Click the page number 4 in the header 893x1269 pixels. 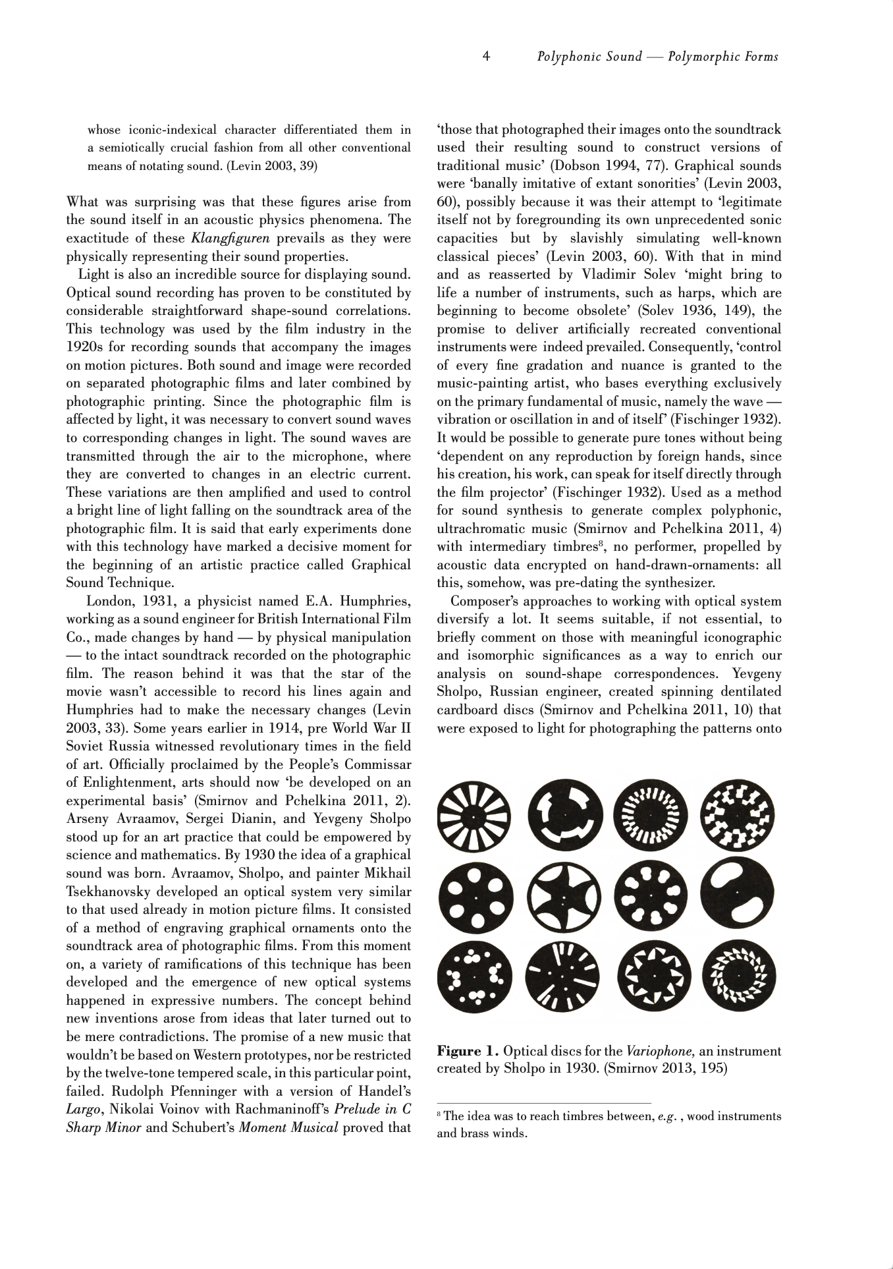[x=486, y=57]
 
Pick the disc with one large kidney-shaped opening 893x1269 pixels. [x=739, y=899]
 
